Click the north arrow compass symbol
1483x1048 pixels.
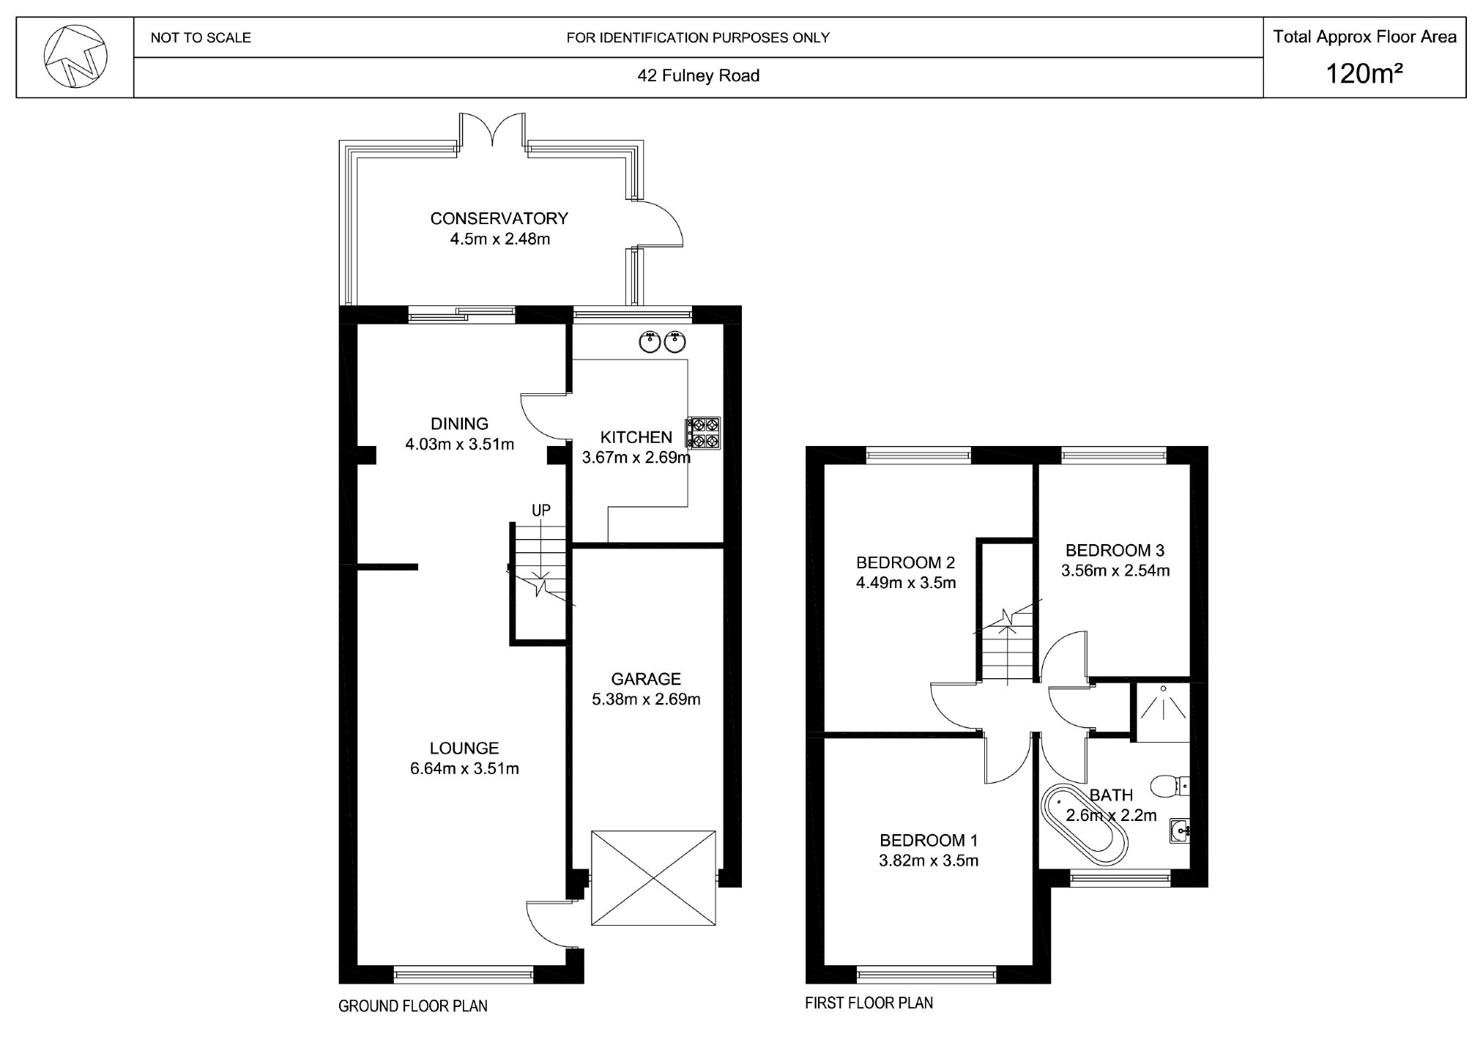click(x=75, y=56)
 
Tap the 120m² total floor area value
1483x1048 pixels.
click(x=1364, y=74)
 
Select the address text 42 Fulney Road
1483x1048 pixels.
click(x=698, y=75)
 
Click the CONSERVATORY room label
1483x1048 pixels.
click(x=499, y=218)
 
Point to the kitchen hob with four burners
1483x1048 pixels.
click(x=703, y=432)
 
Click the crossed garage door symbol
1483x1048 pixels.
click(x=653, y=877)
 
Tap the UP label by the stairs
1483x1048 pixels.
click(x=540, y=510)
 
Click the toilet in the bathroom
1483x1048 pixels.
click(x=1169, y=787)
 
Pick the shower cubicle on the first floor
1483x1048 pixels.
click(x=1162, y=711)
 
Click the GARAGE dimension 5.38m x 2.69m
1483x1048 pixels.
click(x=646, y=699)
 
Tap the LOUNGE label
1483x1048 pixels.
click(x=464, y=748)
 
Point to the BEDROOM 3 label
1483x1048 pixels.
click(x=1115, y=550)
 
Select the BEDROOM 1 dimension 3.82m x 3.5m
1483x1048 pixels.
click(x=929, y=861)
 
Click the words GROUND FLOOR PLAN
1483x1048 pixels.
click(x=413, y=1006)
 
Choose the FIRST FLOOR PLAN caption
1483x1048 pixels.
click(x=869, y=1003)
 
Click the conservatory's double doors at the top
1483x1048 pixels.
click(x=492, y=133)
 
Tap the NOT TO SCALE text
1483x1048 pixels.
click(x=201, y=37)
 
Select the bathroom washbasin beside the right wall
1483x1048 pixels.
click(x=1179, y=830)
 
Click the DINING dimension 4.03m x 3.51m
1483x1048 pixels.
click(x=459, y=444)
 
